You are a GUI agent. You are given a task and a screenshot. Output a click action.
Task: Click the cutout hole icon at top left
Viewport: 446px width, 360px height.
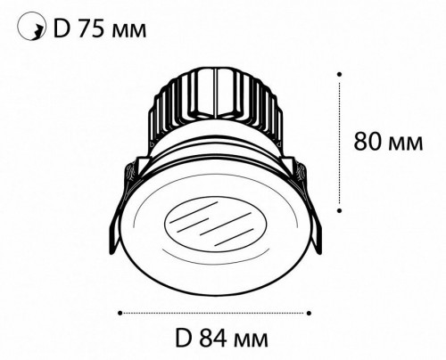click(x=31, y=26)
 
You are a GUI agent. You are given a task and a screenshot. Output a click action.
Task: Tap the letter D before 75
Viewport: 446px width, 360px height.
click(x=62, y=29)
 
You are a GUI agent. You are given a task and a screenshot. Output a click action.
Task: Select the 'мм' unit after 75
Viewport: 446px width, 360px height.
click(x=129, y=32)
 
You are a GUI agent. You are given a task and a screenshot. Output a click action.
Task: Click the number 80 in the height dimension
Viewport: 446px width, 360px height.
click(x=368, y=142)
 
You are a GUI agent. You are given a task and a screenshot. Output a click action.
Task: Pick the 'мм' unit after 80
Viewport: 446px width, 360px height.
click(x=406, y=144)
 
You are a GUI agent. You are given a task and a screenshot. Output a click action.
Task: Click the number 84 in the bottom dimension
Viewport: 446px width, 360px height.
click(x=214, y=338)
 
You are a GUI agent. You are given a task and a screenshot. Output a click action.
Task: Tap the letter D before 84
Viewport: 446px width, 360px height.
click(x=183, y=338)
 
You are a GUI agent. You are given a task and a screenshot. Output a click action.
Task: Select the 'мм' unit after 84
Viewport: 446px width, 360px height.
click(x=252, y=340)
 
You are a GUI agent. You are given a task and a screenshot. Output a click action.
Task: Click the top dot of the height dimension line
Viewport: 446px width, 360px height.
click(x=339, y=74)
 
